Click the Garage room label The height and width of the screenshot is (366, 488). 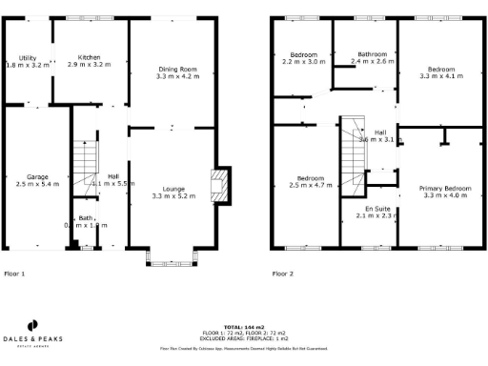(38, 176)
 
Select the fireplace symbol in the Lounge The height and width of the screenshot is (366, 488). (220, 186)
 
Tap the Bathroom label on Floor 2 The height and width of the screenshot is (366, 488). (372, 54)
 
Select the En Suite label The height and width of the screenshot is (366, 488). (378, 209)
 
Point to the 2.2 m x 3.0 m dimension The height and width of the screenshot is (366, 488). (303, 61)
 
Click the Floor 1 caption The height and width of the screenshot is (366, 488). (15, 274)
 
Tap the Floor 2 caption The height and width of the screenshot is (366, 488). (283, 274)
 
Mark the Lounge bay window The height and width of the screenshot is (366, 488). (173, 256)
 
